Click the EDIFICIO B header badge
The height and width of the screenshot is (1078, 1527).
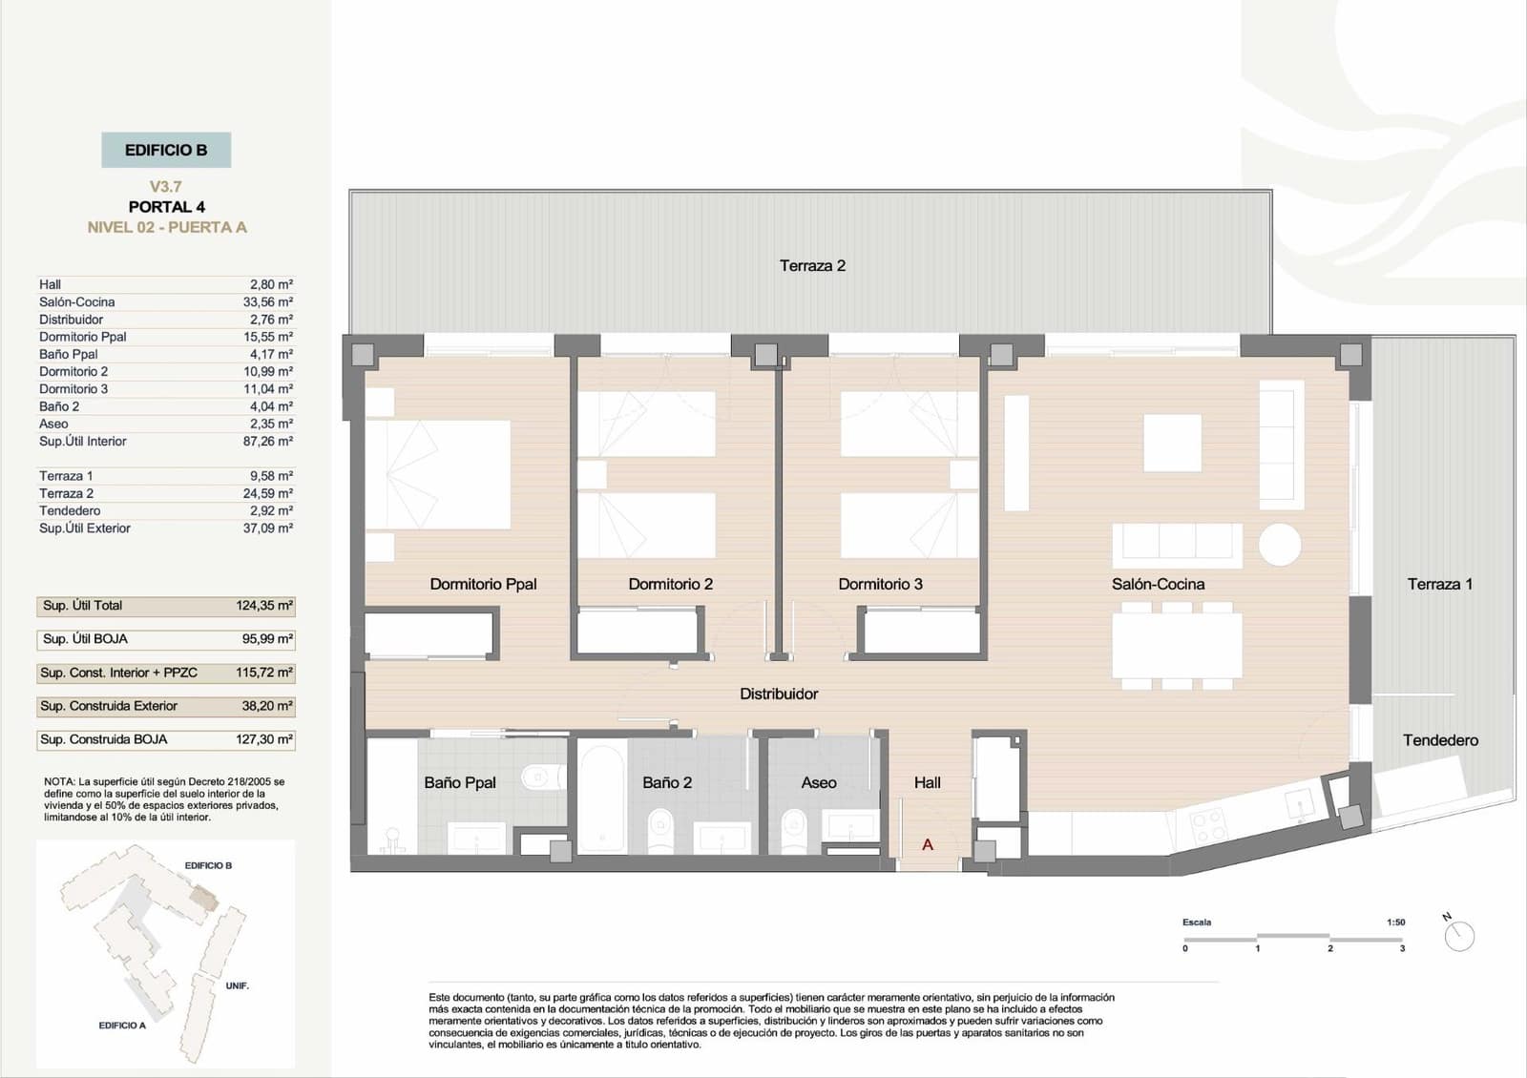[166, 150]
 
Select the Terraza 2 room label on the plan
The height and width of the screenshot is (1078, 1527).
[812, 266]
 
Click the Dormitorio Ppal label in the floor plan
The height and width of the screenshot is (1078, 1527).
[483, 584]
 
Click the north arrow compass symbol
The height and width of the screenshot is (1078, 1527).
[1459, 936]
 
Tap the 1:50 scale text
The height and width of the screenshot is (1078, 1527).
[1395, 923]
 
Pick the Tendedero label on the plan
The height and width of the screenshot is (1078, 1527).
[1440, 740]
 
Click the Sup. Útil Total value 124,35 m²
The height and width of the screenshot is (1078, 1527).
[264, 606]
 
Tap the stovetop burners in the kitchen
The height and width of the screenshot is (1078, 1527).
[1208, 824]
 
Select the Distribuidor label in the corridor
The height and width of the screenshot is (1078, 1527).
[779, 694]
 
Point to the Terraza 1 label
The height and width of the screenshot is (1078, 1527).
[1439, 584]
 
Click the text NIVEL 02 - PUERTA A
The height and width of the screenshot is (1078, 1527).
[167, 227]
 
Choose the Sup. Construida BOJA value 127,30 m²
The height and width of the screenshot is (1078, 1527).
[264, 739]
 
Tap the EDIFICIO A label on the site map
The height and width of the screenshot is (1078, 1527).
[122, 1026]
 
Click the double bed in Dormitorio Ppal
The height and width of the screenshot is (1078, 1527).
[439, 474]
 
